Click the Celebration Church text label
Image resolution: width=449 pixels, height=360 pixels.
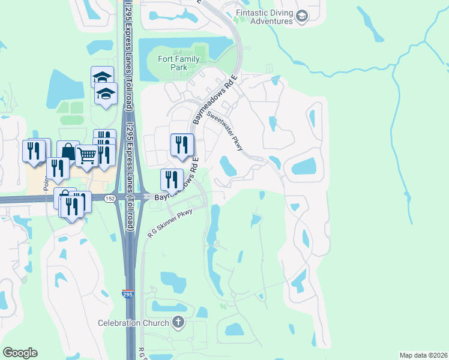(x=134, y=323)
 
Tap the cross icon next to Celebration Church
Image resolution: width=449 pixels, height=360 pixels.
(x=178, y=323)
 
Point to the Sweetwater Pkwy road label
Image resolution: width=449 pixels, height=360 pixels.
(x=224, y=131)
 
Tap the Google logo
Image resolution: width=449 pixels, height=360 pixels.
(x=20, y=352)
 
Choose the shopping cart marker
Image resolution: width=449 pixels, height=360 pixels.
(x=87, y=156)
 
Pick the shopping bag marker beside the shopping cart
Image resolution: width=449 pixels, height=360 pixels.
(x=68, y=152)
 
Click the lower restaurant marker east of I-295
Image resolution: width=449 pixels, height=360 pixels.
(x=172, y=179)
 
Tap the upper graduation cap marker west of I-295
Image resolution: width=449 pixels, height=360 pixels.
(x=103, y=77)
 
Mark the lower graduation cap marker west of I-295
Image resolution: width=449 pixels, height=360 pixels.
(x=106, y=93)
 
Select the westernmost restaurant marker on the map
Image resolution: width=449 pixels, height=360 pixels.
(x=34, y=150)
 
